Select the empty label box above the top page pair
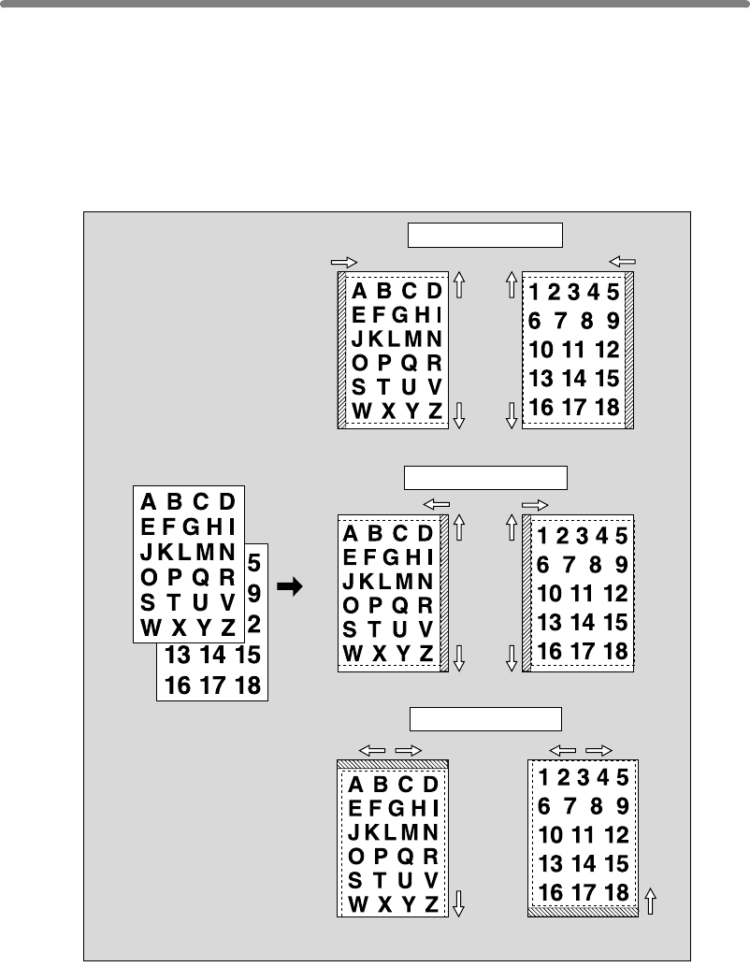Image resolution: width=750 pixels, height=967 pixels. (x=484, y=234)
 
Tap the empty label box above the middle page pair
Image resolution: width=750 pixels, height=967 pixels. (x=484, y=477)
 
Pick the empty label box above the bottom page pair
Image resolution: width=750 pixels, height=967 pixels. (x=486, y=718)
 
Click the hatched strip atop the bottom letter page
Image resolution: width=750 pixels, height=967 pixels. (x=393, y=763)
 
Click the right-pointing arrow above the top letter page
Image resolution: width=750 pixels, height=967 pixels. (x=345, y=264)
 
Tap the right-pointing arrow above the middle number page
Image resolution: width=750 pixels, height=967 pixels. (x=535, y=503)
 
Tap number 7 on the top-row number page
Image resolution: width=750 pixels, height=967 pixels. (x=560, y=322)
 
